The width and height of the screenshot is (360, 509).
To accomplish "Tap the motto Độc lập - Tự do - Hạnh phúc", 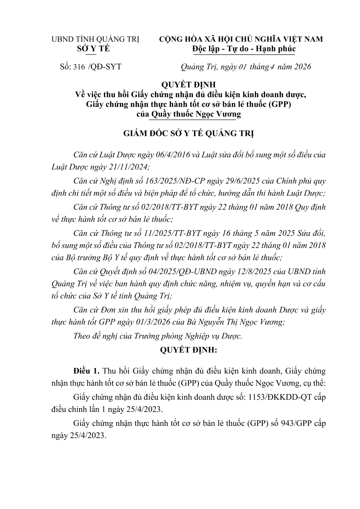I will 244,49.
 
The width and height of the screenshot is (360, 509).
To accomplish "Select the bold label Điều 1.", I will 86,371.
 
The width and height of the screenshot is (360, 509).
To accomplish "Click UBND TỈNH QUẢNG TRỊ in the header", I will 95,39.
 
